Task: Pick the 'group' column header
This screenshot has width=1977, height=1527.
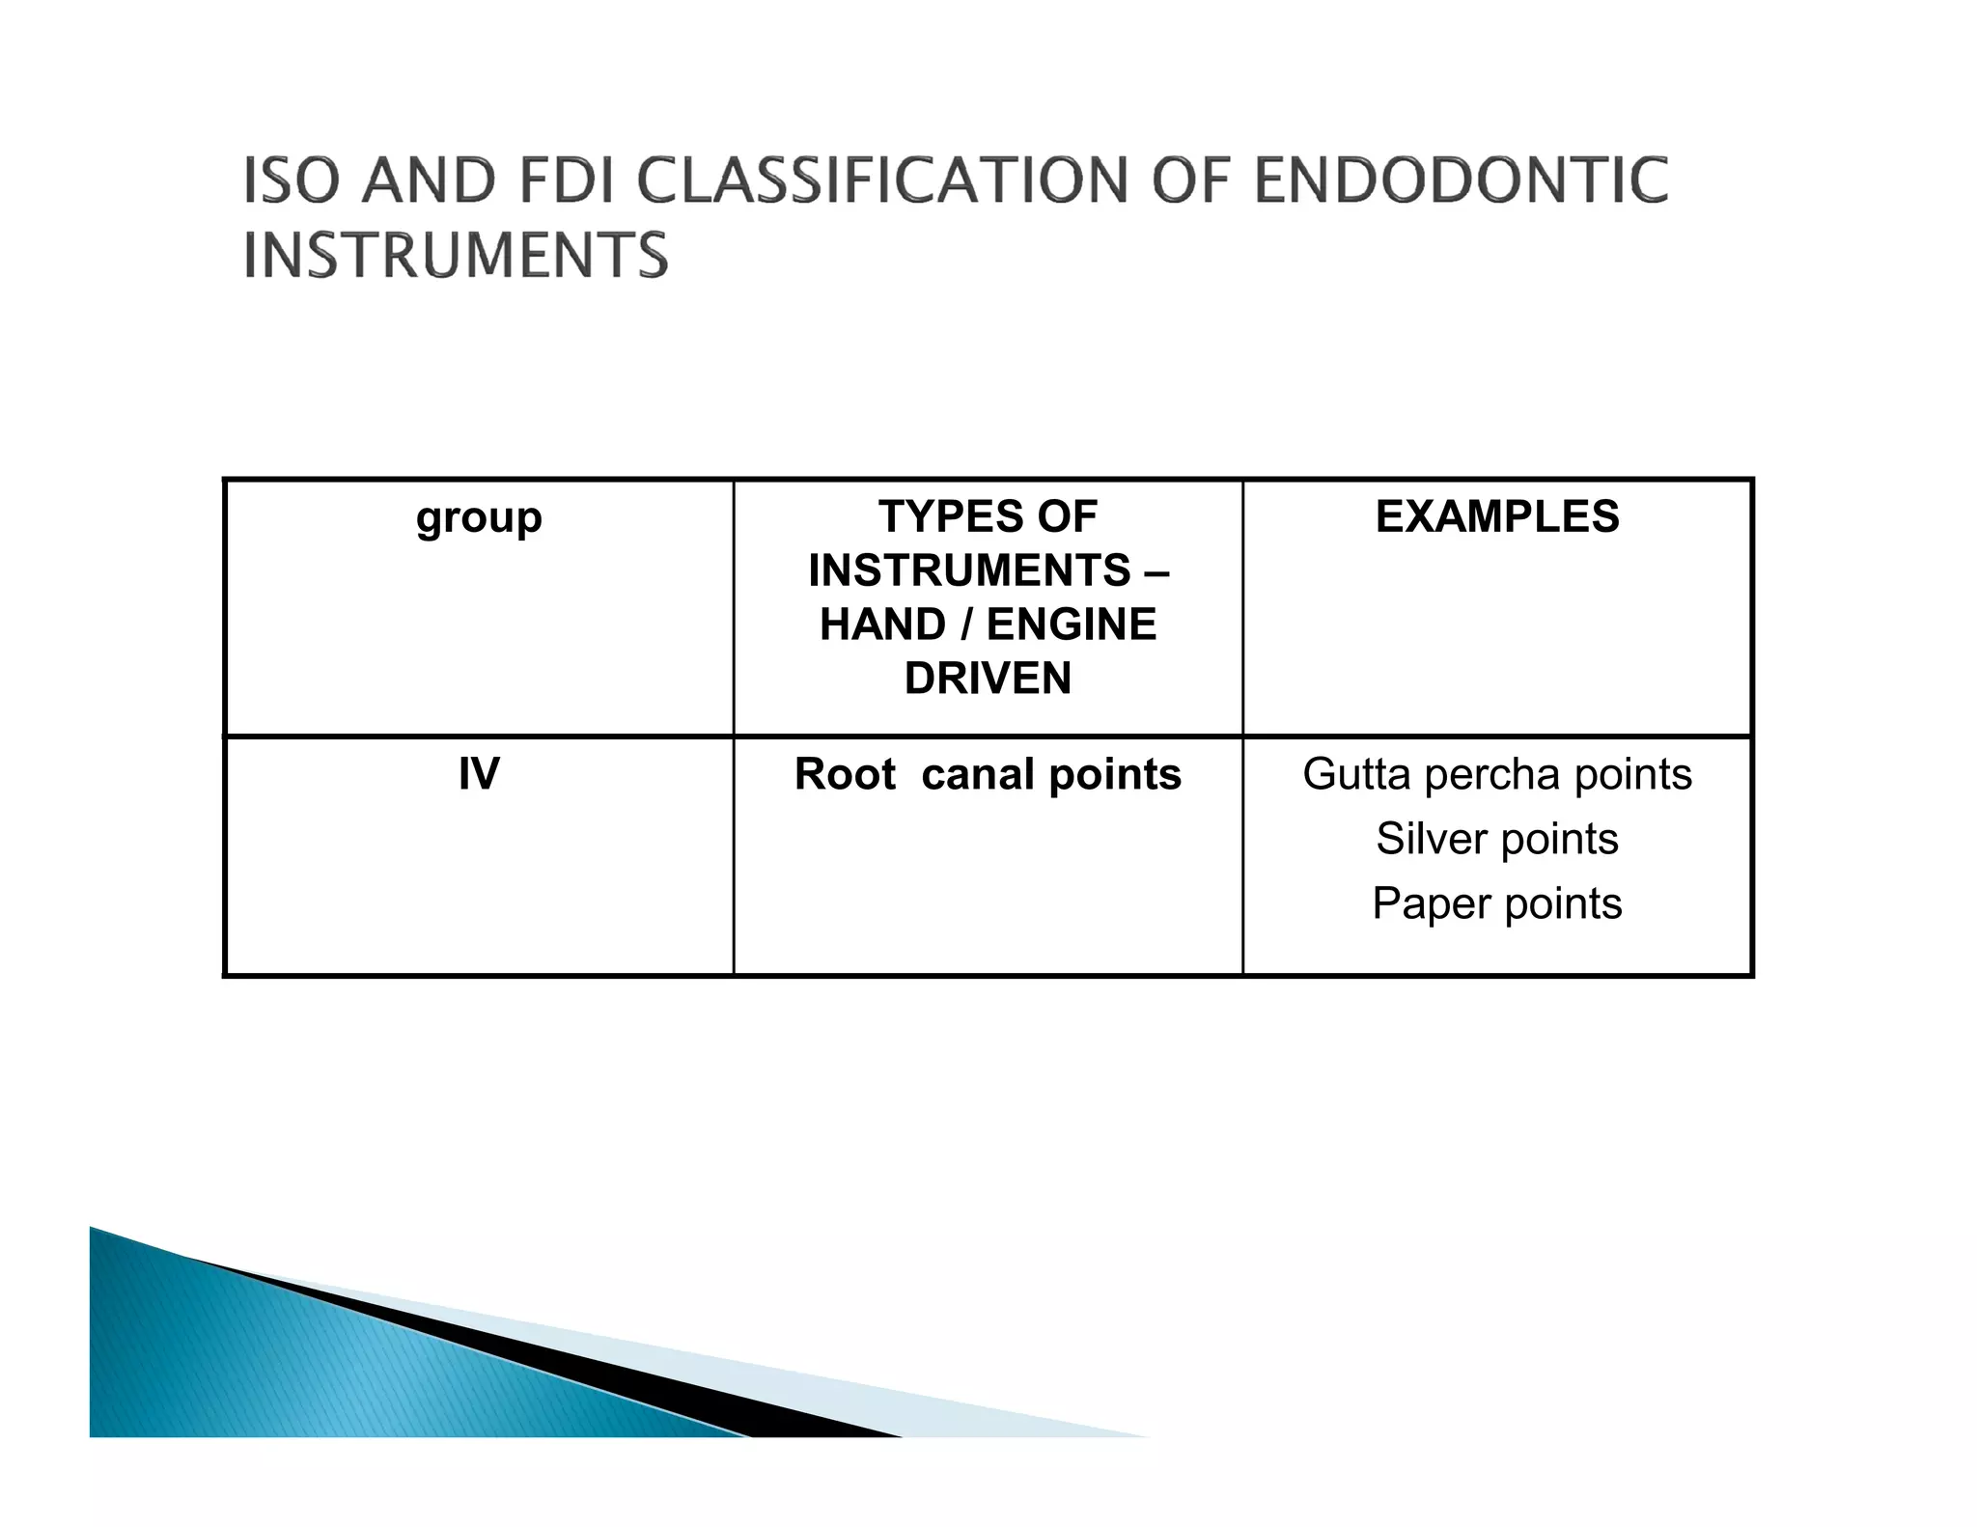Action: pos(479,518)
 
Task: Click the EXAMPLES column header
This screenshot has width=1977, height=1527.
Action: pos(1497,516)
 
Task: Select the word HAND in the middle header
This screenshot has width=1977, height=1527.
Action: pos(882,625)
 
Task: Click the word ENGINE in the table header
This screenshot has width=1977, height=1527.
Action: pos(1072,625)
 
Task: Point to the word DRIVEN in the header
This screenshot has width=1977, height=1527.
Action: pos(988,679)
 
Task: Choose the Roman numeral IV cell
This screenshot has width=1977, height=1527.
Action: pos(479,774)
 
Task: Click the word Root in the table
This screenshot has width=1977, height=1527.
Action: pos(845,774)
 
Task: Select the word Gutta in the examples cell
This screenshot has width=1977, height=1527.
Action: pos(1356,774)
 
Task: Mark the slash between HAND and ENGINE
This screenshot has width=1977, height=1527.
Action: pos(966,625)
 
